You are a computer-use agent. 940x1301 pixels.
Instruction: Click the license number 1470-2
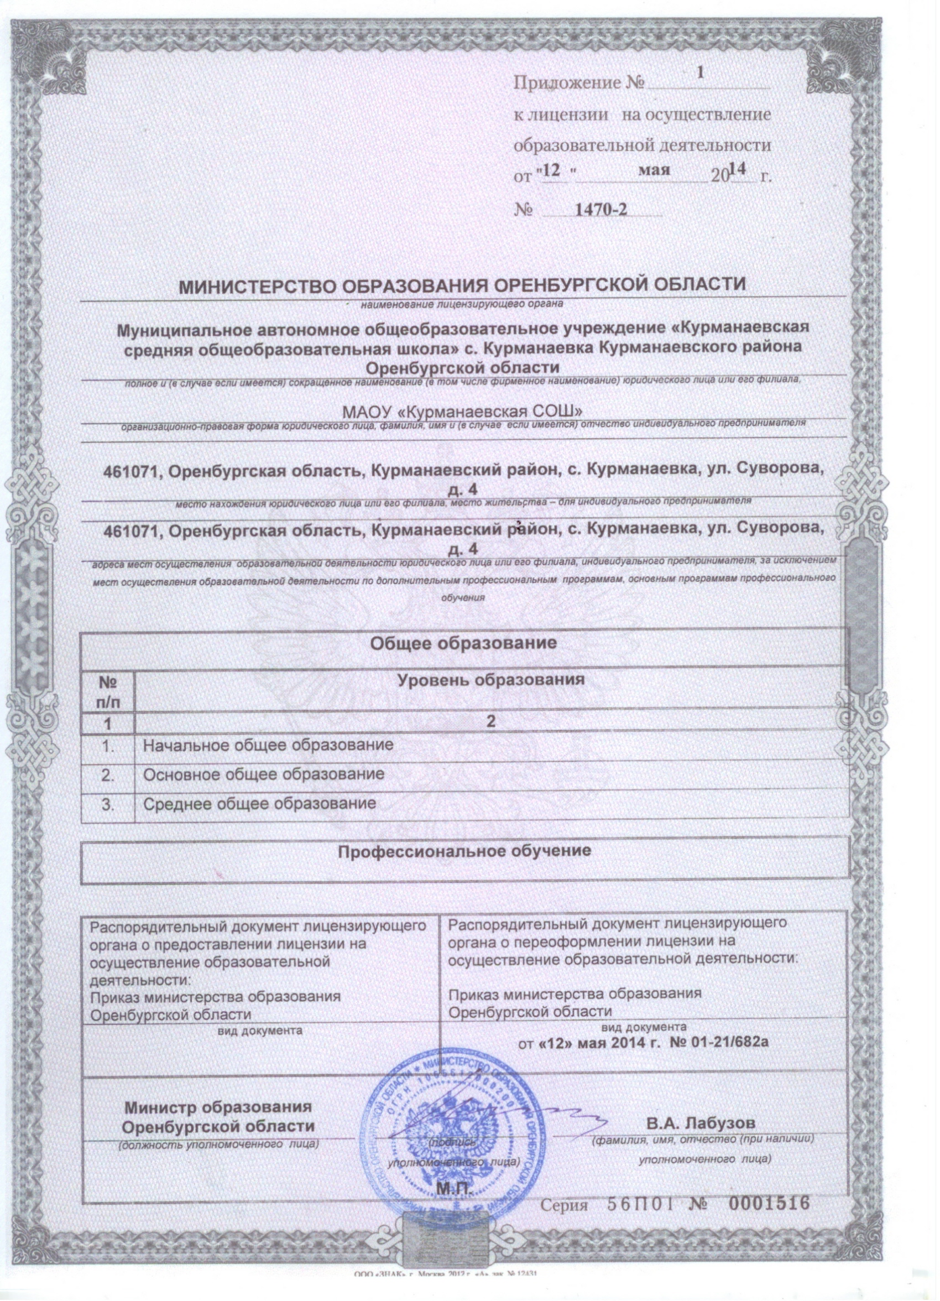600,210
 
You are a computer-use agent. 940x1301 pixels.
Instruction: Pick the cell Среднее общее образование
259,803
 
